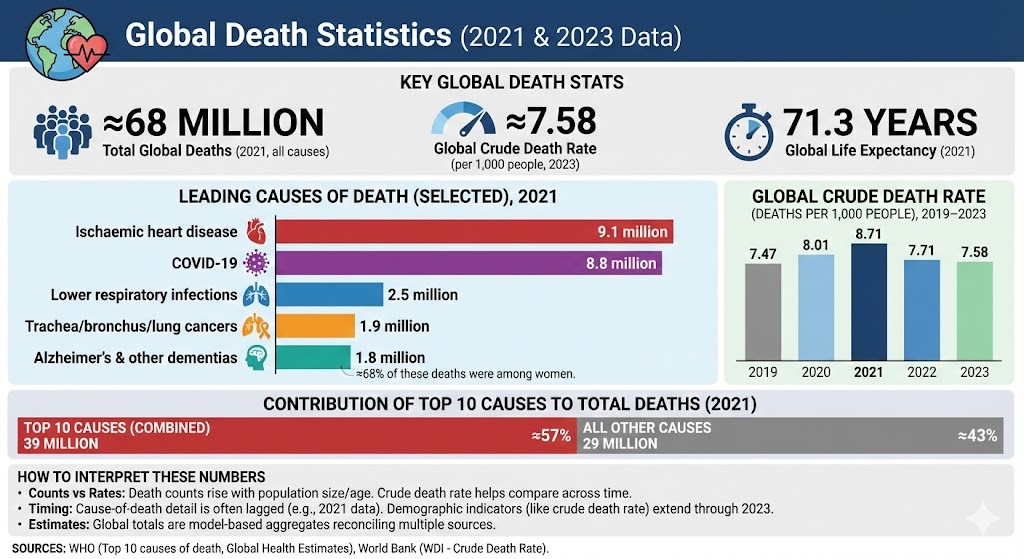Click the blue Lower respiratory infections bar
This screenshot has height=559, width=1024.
[329, 295]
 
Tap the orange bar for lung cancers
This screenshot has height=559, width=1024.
[314, 326]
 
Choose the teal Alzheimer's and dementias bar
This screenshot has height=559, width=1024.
[312, 357]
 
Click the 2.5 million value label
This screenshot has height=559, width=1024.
[424, 295]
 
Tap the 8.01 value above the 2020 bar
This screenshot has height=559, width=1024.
[816, 243]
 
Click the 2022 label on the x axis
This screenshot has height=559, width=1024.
[921, 372]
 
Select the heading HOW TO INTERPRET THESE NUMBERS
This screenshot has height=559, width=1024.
[142, 476]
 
